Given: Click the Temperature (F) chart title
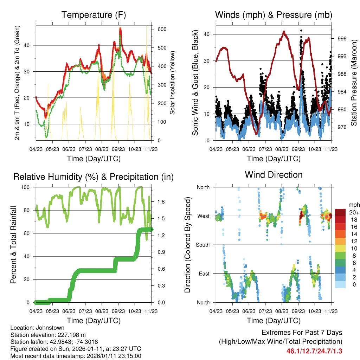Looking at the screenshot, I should [x=94, y=15].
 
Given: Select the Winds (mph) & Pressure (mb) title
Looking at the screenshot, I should [x=274, y=15].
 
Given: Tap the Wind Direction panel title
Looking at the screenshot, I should [x=274, y=175].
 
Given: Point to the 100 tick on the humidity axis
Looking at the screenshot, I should [x=28, y=187].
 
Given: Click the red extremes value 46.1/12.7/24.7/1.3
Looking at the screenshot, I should [x=314, y=351].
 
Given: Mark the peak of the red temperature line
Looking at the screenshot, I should [x=120, y=28].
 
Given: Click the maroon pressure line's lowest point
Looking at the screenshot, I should [x=257, y=134].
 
